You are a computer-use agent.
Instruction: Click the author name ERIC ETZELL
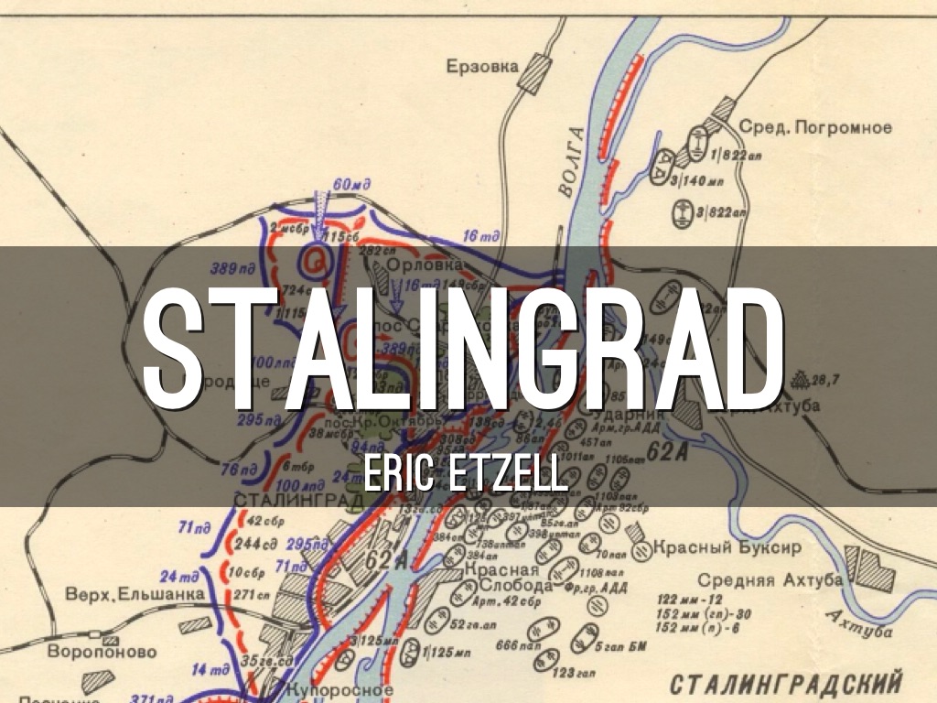click(465, 475)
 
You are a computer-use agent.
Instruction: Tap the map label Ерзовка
click(482, 66)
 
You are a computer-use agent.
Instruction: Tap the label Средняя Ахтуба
click(770, 580)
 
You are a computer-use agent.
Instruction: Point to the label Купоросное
click(339, 690)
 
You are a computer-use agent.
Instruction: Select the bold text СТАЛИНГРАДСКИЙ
click(785, 684)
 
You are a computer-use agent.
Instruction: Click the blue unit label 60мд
click(350, 186)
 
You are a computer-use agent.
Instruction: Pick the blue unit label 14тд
click(209, 668)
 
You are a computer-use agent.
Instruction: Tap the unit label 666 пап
click(515, 645)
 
